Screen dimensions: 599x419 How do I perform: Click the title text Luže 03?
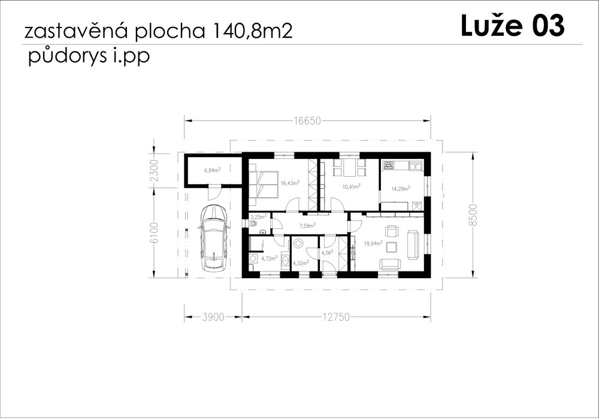[x=512, y=25]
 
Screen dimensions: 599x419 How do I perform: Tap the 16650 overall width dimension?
[x=307, y=121]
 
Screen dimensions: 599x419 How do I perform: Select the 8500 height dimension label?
[x=473, y=215]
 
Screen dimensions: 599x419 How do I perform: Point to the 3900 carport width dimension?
[x=213, y=317]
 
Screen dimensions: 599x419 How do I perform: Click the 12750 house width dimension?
[x=336, y=317]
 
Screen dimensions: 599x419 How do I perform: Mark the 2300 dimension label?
[x=153, y=170]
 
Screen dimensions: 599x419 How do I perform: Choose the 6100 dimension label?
[x=153, y=233]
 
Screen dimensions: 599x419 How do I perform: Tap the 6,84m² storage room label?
[x=213, y=170]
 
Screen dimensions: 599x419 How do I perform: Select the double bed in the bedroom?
[x=264, y=184]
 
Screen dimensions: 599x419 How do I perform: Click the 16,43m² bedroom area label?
[x=290, y=183]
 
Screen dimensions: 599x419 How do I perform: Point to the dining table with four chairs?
[x=350, y=167]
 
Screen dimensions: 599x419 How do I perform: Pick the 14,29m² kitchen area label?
[x=401, y=188]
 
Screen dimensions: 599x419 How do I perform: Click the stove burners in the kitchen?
[x=389, y=165]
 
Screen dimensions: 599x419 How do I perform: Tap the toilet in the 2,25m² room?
[x=253, y=224]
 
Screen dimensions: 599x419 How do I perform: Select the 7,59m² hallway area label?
[x=307, y=225]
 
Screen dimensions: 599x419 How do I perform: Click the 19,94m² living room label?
[x=374, y=243]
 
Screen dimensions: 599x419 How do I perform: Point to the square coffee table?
[x=392, y=248]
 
